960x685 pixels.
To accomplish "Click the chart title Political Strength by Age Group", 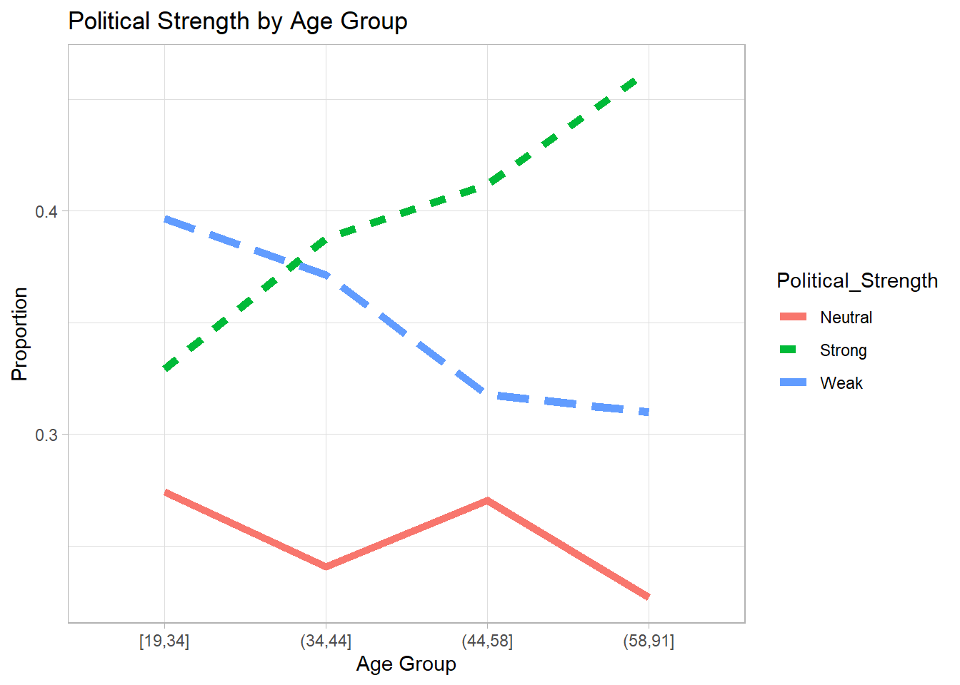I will (x=237, y=21).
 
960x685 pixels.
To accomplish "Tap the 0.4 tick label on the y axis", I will (x=46, y=212).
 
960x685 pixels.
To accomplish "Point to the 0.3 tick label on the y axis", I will (x=46, y=435).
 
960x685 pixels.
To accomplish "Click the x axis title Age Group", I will (x=406, y=664).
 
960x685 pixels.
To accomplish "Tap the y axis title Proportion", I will (x=20, y=334).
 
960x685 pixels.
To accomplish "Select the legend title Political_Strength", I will (x=856, y=281).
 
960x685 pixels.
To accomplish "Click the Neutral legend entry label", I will (x=846, y=318).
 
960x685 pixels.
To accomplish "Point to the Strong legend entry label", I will (x=843, y=350).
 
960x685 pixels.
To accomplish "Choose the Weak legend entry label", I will (x=841, y=383).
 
